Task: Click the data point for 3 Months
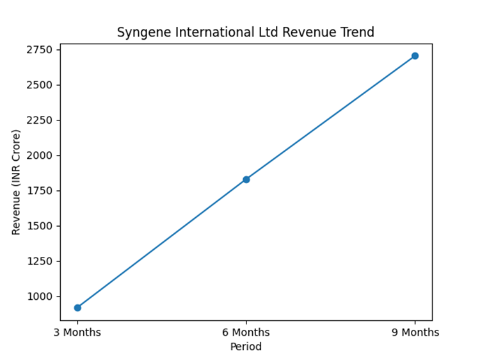[x=77, y=307]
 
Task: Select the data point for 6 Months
[x=246, y=179]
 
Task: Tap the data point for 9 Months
[x=415, y=56]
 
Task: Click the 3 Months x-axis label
[x=77, y=332]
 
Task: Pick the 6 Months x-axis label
[x=246, y=332]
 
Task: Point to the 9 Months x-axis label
[x=415, y=332]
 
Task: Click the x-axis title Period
[x=246, y=347]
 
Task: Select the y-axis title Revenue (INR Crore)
[x=17, y=182]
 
